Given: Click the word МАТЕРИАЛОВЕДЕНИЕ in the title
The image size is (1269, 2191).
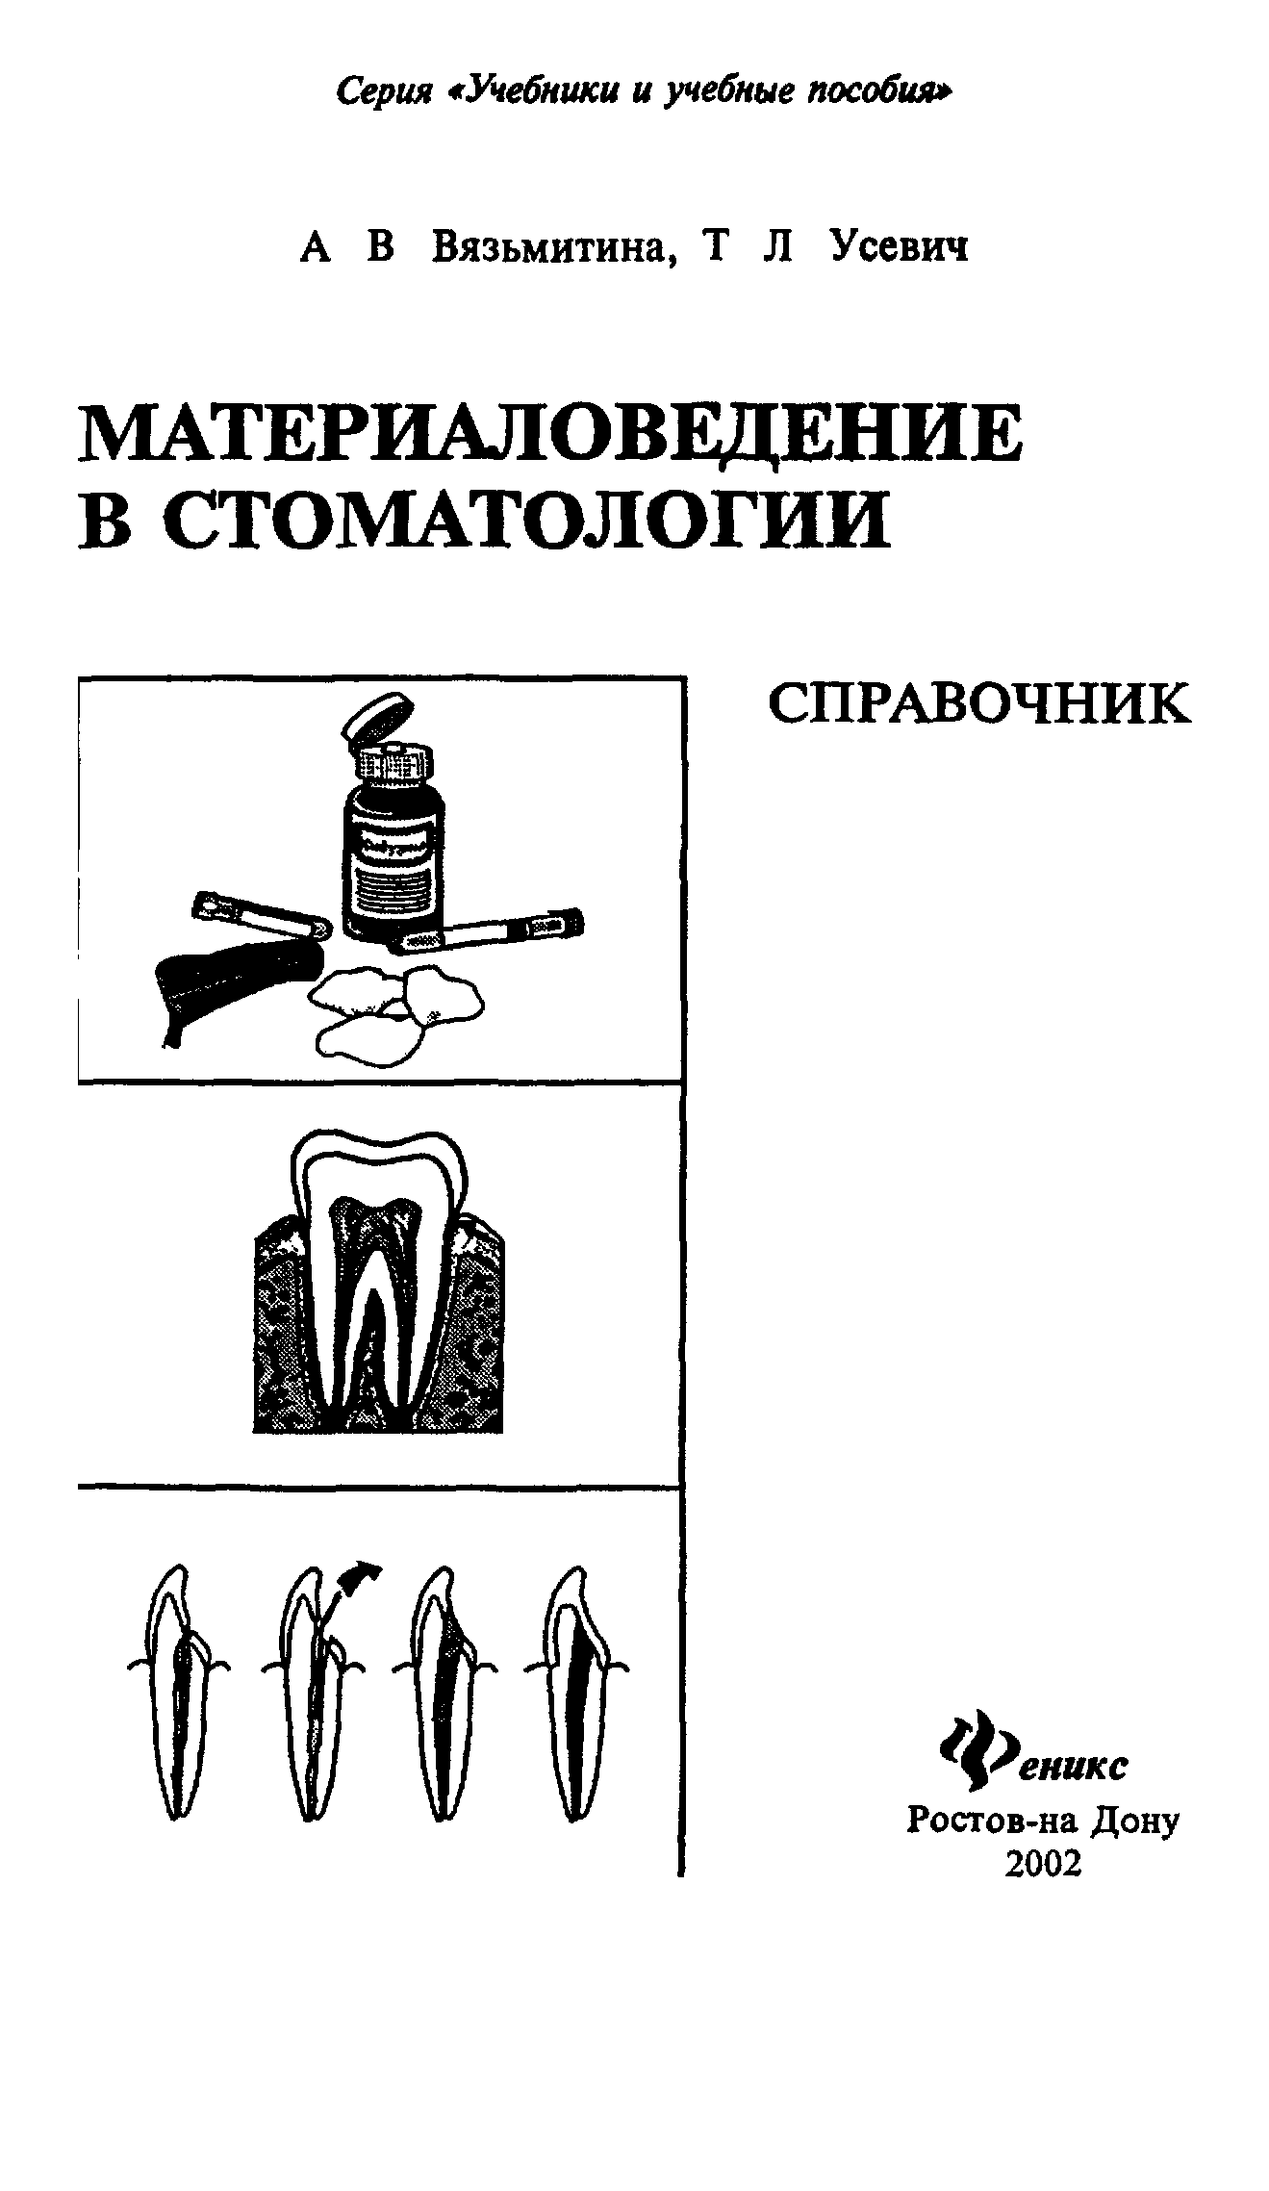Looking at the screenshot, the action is pyautogui.click(x=550, y=435).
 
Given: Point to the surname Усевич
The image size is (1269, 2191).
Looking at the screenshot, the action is pyautogui.click(x=900, y=246).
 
